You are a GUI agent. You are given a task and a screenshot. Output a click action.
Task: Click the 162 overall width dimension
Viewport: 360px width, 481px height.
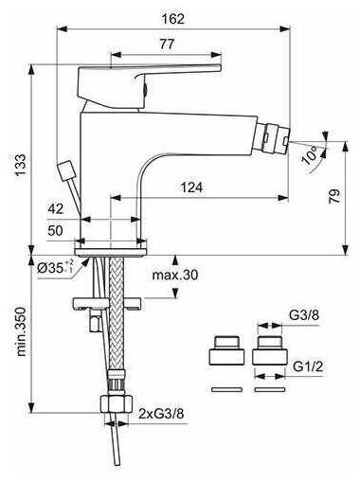172,19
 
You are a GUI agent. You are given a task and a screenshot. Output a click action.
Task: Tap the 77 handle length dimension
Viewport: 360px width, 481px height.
167,44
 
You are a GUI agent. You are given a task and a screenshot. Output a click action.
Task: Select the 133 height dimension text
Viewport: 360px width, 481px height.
21,165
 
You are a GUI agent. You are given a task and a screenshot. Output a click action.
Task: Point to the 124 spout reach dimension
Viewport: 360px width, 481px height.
191,187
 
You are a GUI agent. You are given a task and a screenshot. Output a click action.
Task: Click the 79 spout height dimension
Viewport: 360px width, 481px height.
334,196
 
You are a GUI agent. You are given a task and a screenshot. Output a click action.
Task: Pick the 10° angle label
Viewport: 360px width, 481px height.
310,155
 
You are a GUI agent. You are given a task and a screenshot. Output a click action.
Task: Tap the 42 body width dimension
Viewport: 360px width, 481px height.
56,208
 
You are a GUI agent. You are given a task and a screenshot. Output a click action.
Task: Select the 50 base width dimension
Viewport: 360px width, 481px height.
55,230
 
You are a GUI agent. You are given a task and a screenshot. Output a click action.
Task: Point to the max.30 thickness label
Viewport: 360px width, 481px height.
175,275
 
